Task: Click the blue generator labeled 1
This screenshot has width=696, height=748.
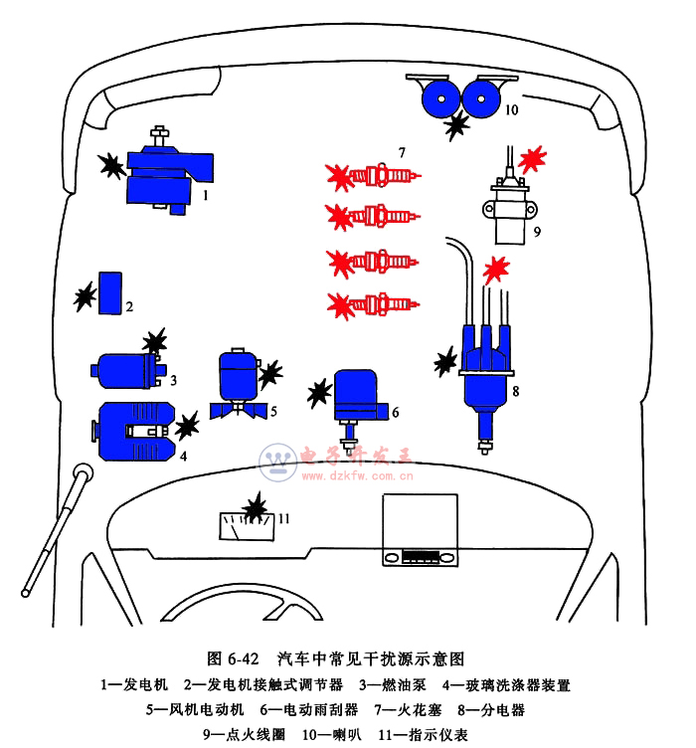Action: pyautogui.click(x=164, y=175)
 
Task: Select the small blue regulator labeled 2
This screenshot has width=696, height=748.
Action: pyautogui.click(x=109, y=292)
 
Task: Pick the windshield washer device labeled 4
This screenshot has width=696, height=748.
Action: pyautogui.click(x=133, y=431)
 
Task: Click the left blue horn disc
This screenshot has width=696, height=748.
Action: pyautogui.click(x=439, y=98)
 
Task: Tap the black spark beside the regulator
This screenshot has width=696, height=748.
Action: pyautogui.click(x=86, y=296)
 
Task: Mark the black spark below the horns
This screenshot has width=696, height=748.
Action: pyautogui.click(x=457, y=125)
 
